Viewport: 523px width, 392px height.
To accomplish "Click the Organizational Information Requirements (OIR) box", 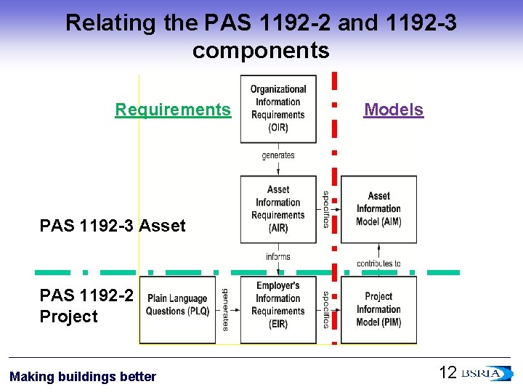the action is [278, 109].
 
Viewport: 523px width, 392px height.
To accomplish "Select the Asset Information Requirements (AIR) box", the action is [278, 209].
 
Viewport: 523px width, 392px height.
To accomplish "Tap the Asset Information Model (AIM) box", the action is [378, 209].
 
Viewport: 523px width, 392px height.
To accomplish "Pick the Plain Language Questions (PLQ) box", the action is [177, 310].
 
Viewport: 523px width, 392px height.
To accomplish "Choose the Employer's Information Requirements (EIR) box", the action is [278, 310].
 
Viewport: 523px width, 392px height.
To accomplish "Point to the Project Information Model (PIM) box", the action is [378, 310].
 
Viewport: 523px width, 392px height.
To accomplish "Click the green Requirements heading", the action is [173, 110].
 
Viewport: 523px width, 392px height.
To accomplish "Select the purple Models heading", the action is [394, 110].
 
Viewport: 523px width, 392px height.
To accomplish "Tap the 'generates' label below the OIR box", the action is [278, 155].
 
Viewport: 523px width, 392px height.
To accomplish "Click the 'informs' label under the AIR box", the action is [278, 257].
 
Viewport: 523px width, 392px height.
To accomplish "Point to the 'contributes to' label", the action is [378, 264].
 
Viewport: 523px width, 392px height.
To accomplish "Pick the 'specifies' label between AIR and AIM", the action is [326, 209].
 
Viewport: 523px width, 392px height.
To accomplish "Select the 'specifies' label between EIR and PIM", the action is [326, 310].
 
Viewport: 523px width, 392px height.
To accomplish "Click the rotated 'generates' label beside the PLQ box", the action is [225, 310].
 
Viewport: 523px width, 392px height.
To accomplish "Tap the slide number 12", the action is [447, 372].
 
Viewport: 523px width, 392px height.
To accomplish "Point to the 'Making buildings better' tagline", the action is [83, 377].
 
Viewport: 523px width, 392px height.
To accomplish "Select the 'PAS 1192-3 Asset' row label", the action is [113, 226].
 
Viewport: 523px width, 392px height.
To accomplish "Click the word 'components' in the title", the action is [261, 50].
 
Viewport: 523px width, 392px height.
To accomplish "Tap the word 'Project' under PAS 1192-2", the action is [69, 317].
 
